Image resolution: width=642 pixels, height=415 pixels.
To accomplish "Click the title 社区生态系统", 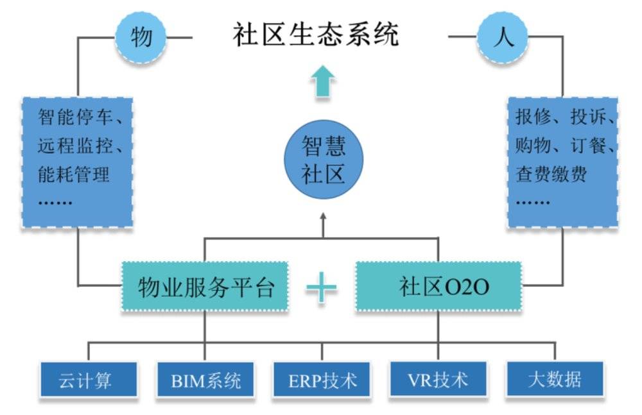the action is (x=316, y=35).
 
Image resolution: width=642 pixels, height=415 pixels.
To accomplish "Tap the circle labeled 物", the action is (x=141, y=37).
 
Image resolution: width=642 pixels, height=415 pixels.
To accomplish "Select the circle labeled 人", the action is (x=503, y=37).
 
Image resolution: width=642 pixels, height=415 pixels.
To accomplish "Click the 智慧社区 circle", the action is (x=324, y=159).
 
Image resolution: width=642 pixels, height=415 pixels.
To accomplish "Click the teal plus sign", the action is (x=322, y=288).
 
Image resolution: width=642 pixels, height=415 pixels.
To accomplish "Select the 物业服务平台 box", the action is (x=205, y=287).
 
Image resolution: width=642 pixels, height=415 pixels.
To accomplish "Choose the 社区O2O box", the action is (x=438, y=287).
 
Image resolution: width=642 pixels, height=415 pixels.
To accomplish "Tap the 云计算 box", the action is (x=89, y=379).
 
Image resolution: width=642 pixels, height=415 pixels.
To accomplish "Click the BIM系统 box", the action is (x=205, y=379).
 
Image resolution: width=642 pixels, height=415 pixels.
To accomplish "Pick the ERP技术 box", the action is (x=322, y=379).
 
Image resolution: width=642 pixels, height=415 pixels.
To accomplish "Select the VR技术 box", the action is (x=438, y=379).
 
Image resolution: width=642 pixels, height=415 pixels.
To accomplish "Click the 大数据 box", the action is (x=555, y=379).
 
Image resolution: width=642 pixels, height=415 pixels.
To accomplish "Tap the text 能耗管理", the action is (x=74, y=174).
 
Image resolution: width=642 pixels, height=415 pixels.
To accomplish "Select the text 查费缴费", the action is (x=551, y=174).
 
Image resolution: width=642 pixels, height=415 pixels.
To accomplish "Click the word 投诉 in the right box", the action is (x=588, y=117).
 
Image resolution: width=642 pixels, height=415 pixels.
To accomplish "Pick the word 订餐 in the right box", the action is (x=588, y=146).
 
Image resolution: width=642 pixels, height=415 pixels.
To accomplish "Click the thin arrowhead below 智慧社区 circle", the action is (x=323, y=217).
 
